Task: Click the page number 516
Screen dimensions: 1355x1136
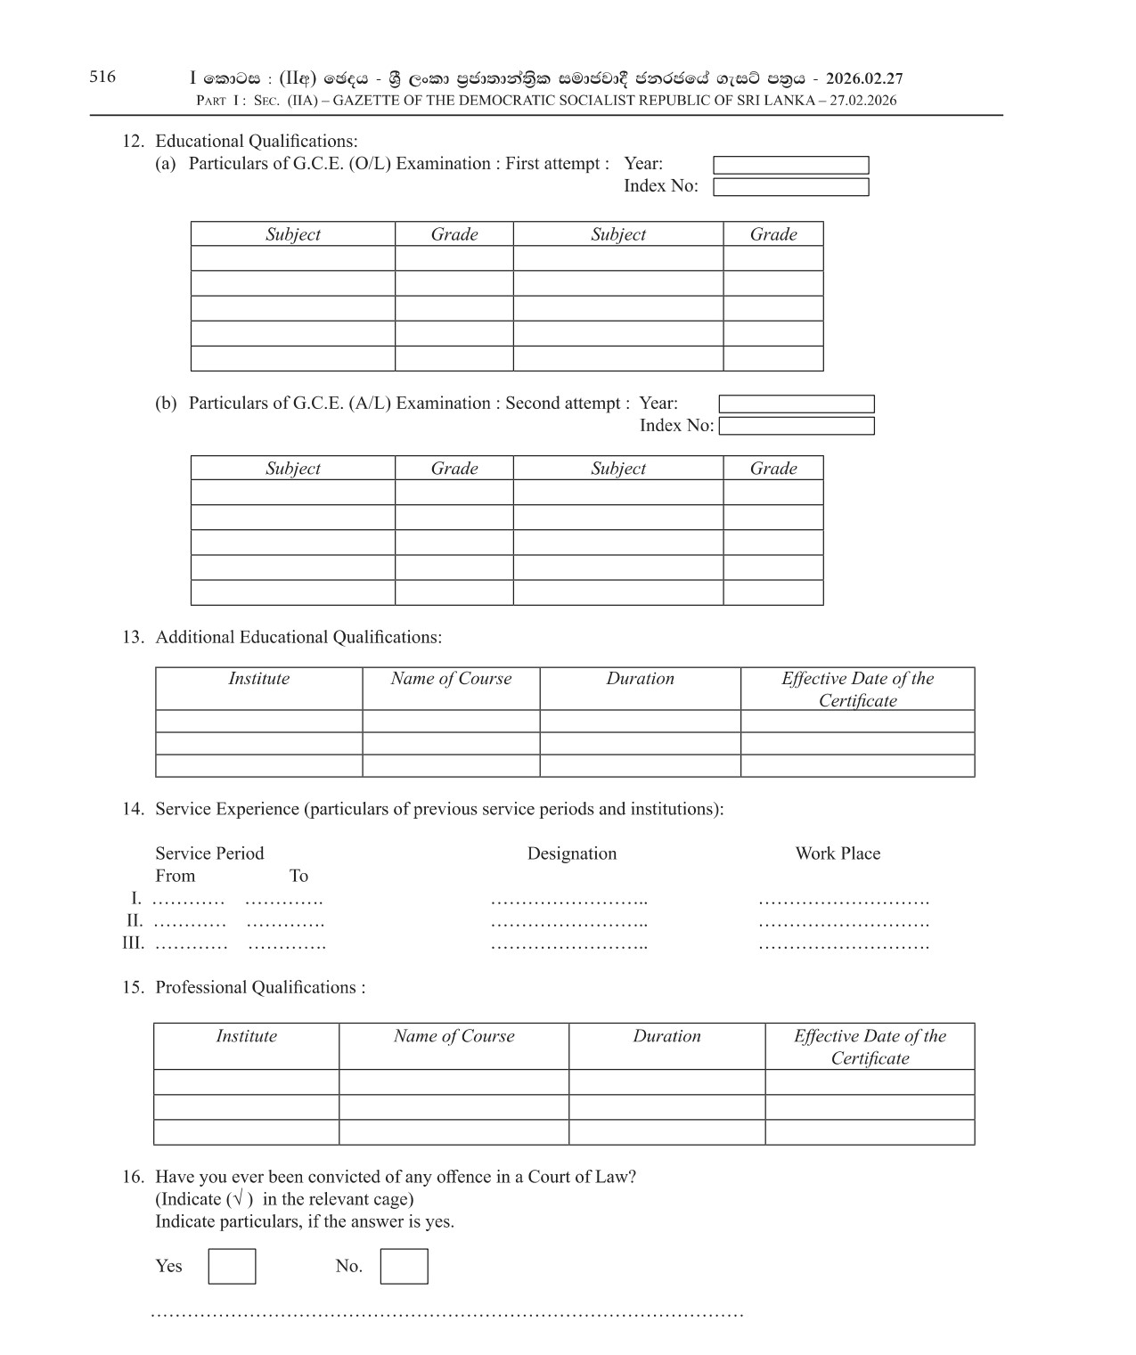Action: click(102, 77)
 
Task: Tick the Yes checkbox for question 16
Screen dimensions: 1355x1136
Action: click(232, 1266)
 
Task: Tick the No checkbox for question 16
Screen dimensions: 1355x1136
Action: click(404, 1266)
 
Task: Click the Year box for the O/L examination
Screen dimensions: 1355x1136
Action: click(790, 165)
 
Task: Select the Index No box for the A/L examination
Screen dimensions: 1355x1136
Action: click(797, 426)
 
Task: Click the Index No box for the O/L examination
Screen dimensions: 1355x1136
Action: click(790, 187)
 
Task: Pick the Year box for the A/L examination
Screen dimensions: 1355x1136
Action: click(797, 404)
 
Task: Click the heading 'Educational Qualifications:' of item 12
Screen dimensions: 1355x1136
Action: click(256, 141)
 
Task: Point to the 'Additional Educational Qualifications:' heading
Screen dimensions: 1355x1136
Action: click(298, 637)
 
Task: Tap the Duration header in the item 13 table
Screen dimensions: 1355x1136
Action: click(640, 679)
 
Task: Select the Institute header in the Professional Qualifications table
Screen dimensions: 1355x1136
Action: click(246, 1036)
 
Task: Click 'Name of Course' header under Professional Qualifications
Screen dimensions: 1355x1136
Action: click(454, 1036)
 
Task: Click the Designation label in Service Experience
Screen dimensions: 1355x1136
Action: click(571, 853)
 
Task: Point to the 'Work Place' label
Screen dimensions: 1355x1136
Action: click(838, 853)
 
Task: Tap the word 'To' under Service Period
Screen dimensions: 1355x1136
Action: click(298, 876)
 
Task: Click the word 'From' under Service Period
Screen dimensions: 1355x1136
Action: click(175, 876)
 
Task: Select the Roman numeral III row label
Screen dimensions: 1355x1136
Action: click(133, 943)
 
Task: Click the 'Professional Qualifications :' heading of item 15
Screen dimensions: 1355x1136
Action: click(260, 987)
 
